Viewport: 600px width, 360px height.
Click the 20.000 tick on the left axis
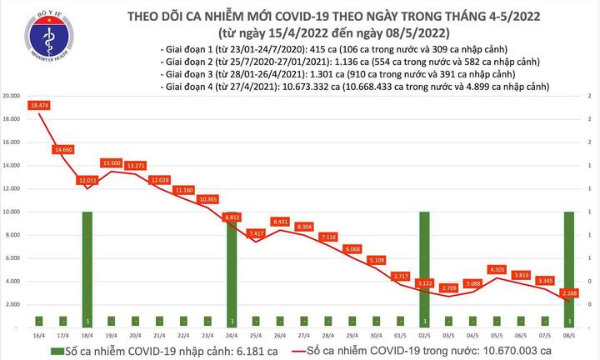(x=12, y=96)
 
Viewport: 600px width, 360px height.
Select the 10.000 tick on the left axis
(x=12, y=212)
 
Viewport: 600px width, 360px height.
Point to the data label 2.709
(x=450, y=288)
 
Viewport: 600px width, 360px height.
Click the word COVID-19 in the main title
(x=282, y=16)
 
